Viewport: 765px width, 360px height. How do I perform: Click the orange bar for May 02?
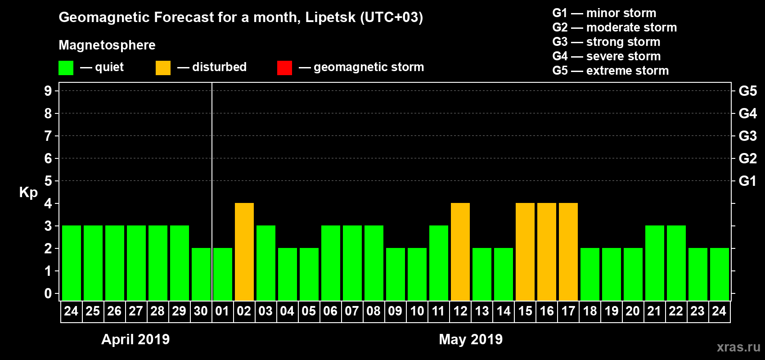(x=244, y=252)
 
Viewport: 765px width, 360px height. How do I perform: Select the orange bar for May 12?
(x=460, y=252)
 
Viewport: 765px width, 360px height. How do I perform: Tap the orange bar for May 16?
(x=547, y=252)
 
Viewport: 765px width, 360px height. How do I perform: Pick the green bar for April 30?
(x=201, y=274)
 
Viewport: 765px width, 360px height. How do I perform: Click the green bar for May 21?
(x=655, y=263)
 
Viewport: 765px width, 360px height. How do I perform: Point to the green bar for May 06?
(x=331, y=263)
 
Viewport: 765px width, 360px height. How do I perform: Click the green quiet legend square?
(x=66, y=68)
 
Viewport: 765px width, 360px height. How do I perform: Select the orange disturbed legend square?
(x=163, y=68)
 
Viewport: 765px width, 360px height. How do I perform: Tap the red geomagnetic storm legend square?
(x=284, y=68)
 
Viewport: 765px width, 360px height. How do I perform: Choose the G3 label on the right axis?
(x=747, y=136)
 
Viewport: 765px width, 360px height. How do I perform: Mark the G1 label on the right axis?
(x=747, y=181)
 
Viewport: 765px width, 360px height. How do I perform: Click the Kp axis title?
(x=28, y=193)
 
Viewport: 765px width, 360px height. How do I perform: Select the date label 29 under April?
(x=179, y=311)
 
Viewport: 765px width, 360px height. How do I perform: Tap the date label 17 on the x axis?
(x=568, y=311)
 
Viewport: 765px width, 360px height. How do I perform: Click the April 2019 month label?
(x=135, y=339)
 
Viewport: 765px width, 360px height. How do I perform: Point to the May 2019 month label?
(x=471, y=339)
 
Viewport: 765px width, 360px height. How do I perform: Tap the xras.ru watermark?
(x=738, y=347)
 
